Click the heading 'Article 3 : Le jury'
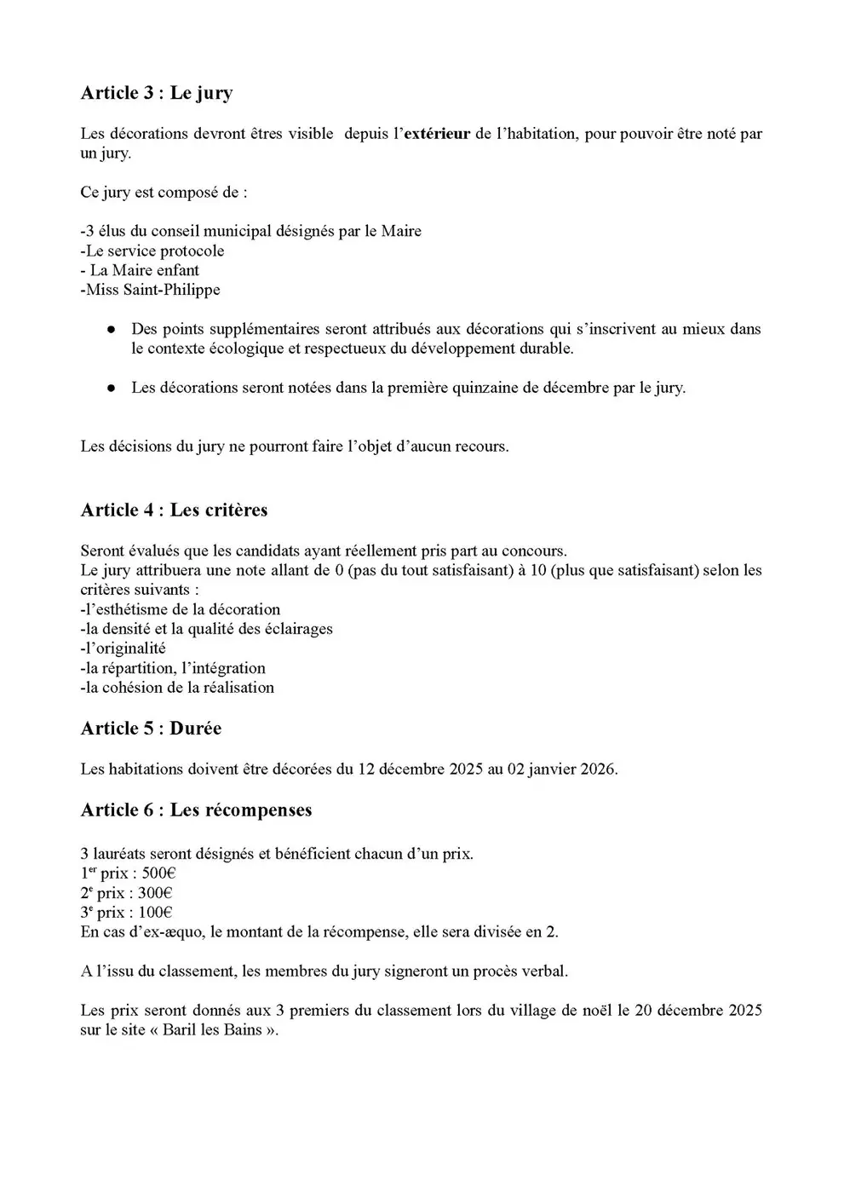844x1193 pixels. (x=156, y=93)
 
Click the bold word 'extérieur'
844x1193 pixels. (x=436, y=134)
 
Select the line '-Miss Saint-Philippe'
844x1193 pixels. (x=150, y=290)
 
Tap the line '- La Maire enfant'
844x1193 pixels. (x=140, y=270)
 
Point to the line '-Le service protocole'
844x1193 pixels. (x=152, y=251)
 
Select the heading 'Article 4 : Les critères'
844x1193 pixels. (x=174, y=510)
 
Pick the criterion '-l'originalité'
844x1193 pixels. (x=123, y=648)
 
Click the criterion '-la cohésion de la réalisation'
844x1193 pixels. (x=177, y=688)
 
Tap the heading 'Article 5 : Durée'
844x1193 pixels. (x=151, y=728)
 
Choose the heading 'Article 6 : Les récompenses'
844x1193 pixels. (x=196, y=810)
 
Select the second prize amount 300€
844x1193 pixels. (x=155, y=893)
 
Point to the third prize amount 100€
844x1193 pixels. (x=155, y=913)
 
